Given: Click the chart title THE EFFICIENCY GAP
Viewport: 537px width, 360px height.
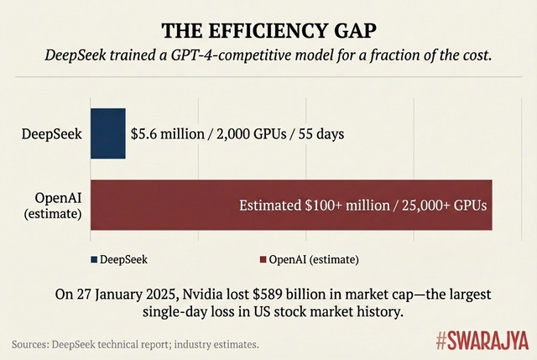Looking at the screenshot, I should coord(268,32).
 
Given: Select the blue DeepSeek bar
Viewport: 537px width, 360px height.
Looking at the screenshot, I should coord(107,133).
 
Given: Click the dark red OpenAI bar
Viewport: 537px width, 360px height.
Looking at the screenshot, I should coord(290,205).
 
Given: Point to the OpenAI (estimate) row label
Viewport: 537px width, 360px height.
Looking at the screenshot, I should coord(54,206).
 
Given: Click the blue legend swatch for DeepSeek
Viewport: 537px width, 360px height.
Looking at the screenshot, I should coord(94,259).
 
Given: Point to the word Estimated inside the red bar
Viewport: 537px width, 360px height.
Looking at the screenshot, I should coord(269,205).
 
